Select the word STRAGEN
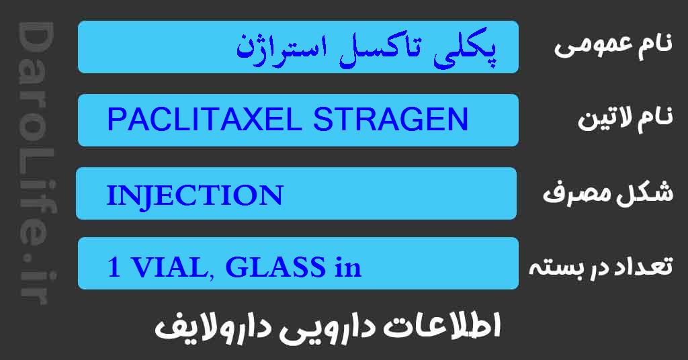coord(389,121)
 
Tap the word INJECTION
coord(194,195)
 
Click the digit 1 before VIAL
coord(114,268)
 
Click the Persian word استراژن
coord(282,48)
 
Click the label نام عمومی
coord(613,46)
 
